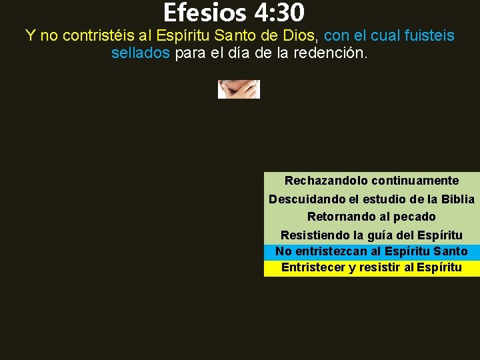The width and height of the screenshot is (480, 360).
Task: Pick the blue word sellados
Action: [x=141, y=53]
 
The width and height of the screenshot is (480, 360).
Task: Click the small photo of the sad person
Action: [x=239, y=89]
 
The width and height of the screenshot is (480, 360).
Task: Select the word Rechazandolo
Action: [x=326, y=181]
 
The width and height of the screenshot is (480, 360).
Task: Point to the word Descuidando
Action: [x=303, y=199]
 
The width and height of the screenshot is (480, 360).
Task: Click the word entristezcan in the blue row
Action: [x=329, y=251]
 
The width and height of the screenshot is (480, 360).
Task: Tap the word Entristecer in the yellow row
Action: [x=313, y=267]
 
